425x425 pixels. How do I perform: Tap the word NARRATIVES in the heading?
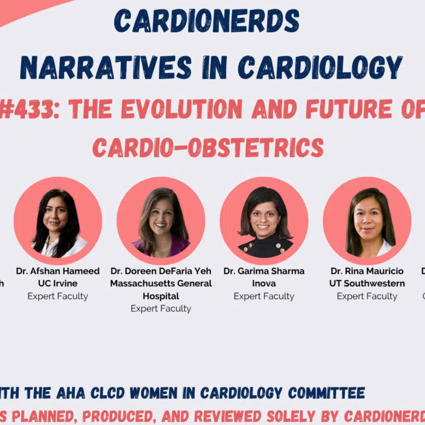coord(105,67)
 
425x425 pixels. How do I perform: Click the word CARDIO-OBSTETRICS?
coord(208,147)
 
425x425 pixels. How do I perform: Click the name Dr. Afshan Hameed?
coord(58,271)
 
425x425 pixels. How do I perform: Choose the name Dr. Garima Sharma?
coord(264,271)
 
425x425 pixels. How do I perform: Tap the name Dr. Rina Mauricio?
coord(367,271)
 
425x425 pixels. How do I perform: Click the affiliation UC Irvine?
coord(58,283)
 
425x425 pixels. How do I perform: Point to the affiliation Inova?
coord(264,283)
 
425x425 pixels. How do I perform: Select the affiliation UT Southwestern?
coord(367,283)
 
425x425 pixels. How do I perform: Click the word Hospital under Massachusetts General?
coord(161,296)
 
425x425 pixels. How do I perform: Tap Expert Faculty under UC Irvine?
coord(58,296)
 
